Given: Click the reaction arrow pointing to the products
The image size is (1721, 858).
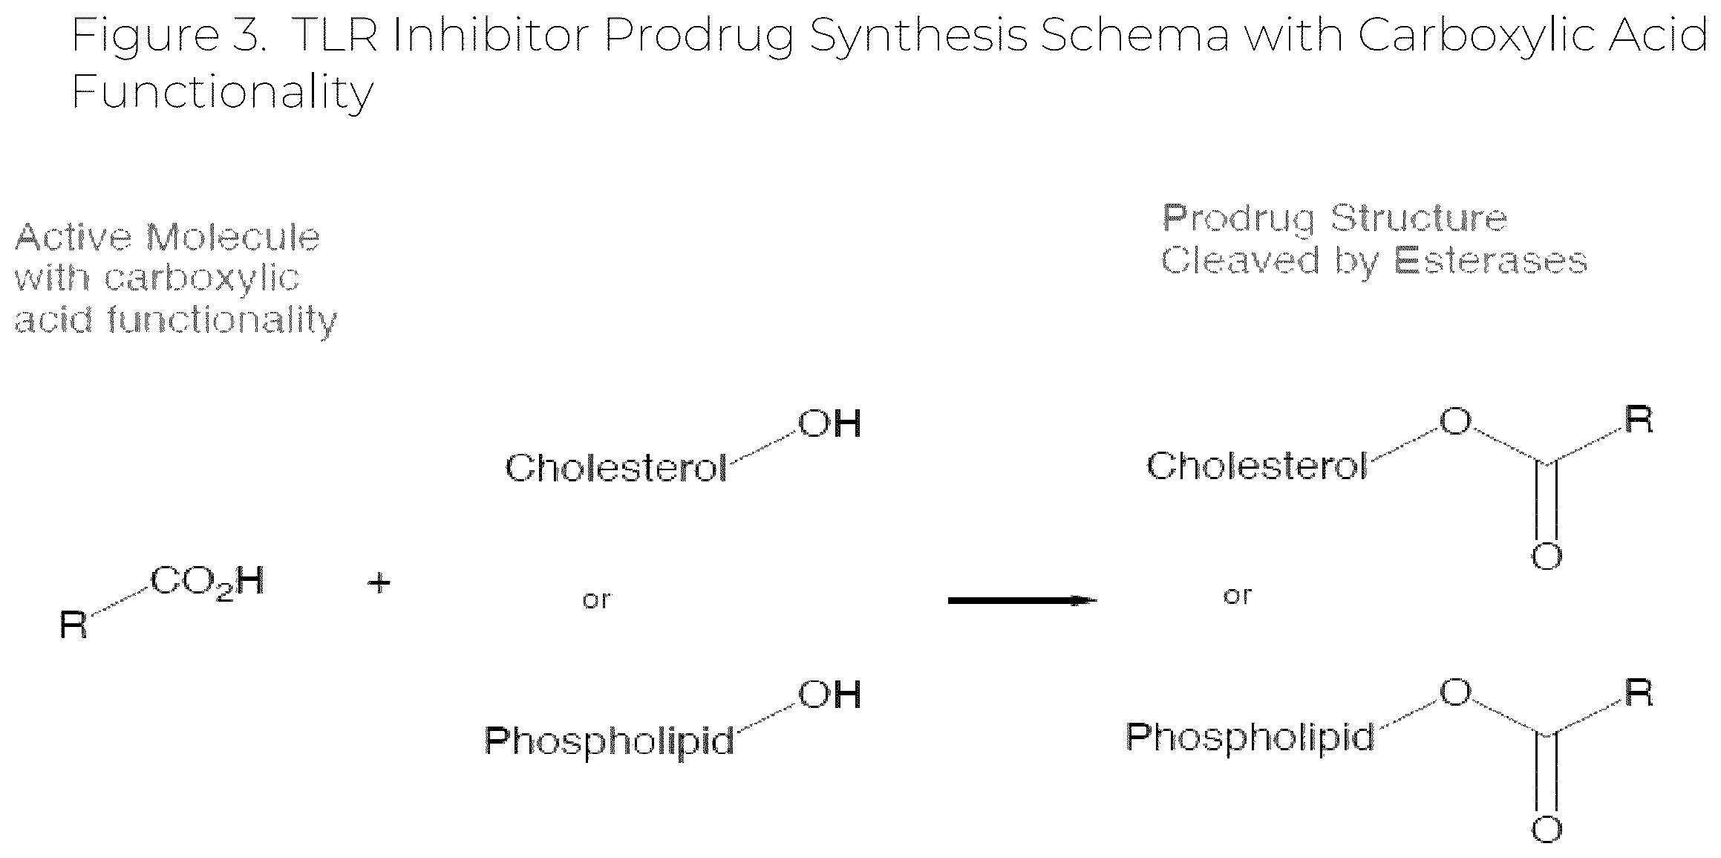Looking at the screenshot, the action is click(x=1022, y=600).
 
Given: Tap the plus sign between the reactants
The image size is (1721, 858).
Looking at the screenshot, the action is click(x=379, y=583).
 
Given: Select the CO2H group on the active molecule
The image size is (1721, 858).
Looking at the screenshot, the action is click(x=207, y=583).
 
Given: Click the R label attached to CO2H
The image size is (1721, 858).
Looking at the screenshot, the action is click(x=74, y=625).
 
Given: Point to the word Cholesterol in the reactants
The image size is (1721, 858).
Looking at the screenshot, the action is click(x=616, y=469).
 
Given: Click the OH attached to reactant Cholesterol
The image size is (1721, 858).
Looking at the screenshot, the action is click(x=829, y=424).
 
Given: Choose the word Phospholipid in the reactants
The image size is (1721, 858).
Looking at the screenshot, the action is click(x=610, y=740).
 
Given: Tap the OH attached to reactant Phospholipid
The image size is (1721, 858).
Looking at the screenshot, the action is click(x=829, y=695).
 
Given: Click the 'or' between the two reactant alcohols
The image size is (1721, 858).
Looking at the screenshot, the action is click(x=596, y=599).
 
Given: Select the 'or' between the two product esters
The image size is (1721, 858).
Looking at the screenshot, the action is click(x=1237, y=596).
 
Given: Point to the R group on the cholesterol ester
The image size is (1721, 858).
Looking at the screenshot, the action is click(x=1639, y=420).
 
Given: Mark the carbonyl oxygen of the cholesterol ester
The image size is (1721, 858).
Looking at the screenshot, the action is click(x=1547, y=556).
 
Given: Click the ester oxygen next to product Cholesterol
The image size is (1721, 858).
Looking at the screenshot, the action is click(x=1455, y=421).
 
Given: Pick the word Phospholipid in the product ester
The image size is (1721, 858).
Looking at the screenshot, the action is click(x=1250, y=738).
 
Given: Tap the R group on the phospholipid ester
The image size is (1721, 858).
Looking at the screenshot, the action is click(x=1639, y=692).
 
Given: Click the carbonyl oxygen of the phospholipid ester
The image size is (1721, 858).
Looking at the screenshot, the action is click(x=1547, y=829).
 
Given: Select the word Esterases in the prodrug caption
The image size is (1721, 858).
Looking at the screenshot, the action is click(x=1490, y=261).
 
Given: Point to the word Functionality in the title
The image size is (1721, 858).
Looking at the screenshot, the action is click(x=222, y=92).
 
